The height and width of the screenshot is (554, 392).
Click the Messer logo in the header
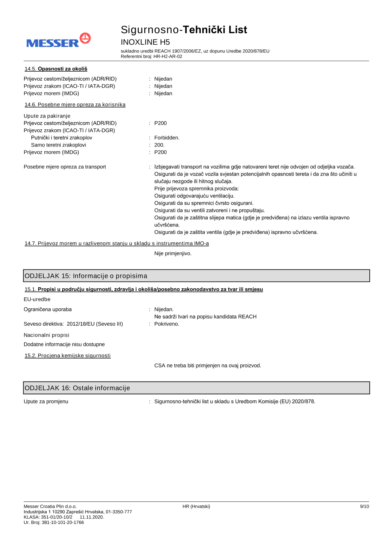coord(58,41)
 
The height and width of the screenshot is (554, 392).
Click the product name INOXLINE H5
coord(145,42)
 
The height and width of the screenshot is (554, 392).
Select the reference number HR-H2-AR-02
coord(168,56)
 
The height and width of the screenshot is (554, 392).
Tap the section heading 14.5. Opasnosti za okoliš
coord(56,69)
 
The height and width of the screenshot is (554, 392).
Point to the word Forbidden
coord(167,138)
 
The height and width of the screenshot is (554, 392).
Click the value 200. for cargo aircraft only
coord(159,145)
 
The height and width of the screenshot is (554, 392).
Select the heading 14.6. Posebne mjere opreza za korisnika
coord(75,105)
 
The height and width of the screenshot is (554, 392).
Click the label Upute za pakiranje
coord(47,116)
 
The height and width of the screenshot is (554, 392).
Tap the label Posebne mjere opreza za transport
coord(65,167)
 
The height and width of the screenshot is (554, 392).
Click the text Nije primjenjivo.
coord(173,253)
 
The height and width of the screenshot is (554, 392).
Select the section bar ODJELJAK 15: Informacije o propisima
coord(196,276)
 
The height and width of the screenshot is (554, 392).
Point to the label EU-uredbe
coord(37,299)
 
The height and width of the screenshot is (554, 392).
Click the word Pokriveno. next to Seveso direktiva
coord(167,324)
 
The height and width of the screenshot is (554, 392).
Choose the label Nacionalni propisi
coord(46,335)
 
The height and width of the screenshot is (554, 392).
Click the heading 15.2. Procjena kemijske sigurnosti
coord(67,356)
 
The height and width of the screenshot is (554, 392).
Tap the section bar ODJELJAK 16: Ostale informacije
coord(196,388)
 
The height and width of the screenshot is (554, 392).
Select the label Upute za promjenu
coord(46,402)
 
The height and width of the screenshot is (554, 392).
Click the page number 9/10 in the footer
coord(364,507)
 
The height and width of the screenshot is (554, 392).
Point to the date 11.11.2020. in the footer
coord(92,517)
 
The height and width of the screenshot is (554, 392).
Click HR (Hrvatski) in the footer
coord(196,507)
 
